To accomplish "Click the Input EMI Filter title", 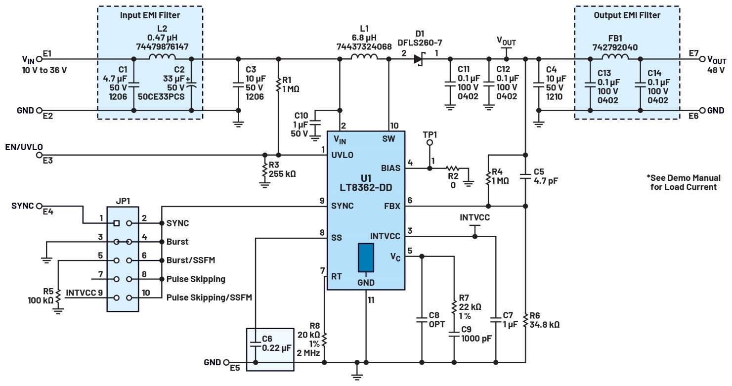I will pos(150,15).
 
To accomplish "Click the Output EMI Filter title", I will pos(627,15).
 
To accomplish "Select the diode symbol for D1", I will pos(419,59).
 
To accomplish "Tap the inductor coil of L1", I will pos(364,58).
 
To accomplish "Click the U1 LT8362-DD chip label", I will pos(366,182).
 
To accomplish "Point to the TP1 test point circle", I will pos(430,143).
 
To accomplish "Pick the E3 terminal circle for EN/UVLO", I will pos(40,155).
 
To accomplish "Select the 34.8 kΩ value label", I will pos(545,325).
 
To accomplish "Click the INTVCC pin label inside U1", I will pos(385,237).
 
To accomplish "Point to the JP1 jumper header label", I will pos(123,201).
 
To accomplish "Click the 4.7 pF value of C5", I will pos(546,181).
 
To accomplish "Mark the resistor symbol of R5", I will pos(58,295).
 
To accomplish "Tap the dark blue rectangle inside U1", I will pos(366,257).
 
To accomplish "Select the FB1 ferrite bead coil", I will pos(614,58).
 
